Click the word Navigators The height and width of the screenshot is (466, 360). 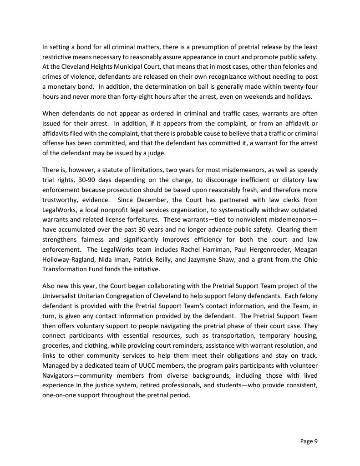pos(61,375)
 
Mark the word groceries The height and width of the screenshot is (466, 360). pos(58,345)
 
